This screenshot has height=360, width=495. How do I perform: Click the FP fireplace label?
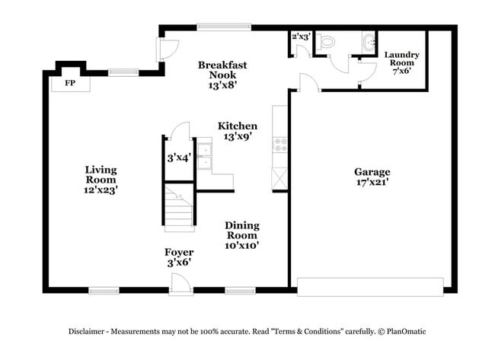pyautogui.click(x=70, y=83)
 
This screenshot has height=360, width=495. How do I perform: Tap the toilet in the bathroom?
pyautogui.click(x=325, y=42)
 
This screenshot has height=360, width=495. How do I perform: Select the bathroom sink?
pyautogui.click(x=369, y=43)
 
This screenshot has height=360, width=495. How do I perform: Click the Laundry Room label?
pyautogui.click(x=401, y=59)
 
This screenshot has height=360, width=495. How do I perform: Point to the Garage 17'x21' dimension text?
pyautogui.click(x=372, y=182)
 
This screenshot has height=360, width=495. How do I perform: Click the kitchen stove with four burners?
pyautogui.click(x=279, y=145)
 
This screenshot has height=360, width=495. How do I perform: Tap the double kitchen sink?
pyautogui.click(x=205, y=156)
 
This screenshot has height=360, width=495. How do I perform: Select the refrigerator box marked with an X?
pyautogui.click(x=279, y=179)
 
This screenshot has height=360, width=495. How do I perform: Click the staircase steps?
pyautogui.click(x=179, y=209)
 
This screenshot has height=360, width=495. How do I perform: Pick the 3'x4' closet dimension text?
pyautogui.click(x=179, y=158)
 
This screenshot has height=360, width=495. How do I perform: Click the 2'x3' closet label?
pyautogui.click(x=302, y=37)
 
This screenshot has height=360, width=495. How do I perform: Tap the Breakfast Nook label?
pyautogui.click(x=222, y=70)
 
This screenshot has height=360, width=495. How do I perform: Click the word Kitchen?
pyautogui.click(x=238, y=126)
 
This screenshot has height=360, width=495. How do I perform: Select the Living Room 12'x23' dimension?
pyautogui.click(x=101, y=190)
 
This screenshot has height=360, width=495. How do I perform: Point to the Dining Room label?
pyautogui.click(x=242, y=231)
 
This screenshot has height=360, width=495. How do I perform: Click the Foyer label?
pyautogui.click(x=179, y=252)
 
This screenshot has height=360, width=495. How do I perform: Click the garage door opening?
pyautogui.click(x=370, y=287)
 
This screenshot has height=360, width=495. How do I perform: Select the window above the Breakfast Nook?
pyautogui.click(x=224, y=27)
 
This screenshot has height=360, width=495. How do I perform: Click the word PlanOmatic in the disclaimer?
pyautogui.click(x=407, y=332)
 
